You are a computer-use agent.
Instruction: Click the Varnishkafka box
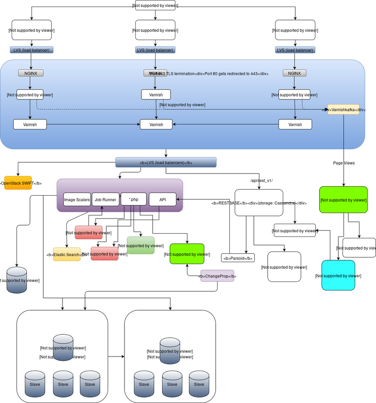click(344, 109)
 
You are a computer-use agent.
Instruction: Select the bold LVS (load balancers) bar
click(165, 162)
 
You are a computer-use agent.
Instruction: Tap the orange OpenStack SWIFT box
click(18, 182)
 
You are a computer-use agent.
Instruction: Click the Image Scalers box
click(77, 199)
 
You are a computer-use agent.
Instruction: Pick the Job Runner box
click(105, 199)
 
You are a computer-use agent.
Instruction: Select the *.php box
click(133, 199)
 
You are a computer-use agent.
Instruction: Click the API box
click(162, 199)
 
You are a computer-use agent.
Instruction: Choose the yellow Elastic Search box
click(66, 254)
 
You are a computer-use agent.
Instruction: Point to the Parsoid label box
click(238, 258)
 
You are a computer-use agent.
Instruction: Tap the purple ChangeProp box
click(217, 276)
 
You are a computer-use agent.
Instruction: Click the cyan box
click(338, 275)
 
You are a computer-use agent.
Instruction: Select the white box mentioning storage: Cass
click(258, 203)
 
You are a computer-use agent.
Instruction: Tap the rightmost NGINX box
click(295, 73)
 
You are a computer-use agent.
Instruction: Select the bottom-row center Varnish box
click(156, 124)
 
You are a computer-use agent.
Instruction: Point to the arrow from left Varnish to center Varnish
click(94, 124)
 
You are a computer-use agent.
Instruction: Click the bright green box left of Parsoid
click(187, 254)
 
